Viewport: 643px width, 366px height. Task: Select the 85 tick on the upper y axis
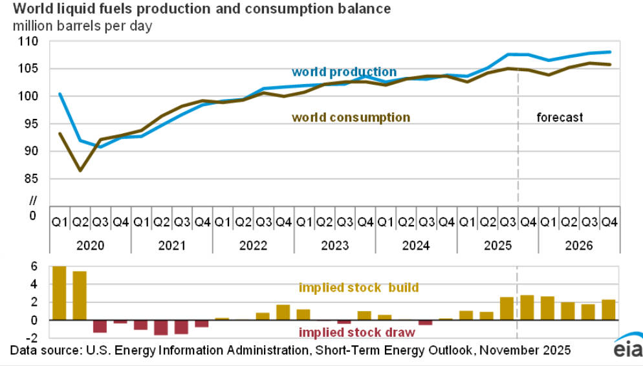pyautogui.click(x=32, y=178)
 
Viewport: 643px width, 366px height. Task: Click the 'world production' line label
pyautogui.click(x=343, y=72)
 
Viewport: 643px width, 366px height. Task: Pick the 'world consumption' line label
pyautogui.click(x=351, y=118)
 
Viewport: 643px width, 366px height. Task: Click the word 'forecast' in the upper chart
pyautogui.click(x=560, y=118)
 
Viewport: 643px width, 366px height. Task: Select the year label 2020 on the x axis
pyautogui.click(x=91, y=246)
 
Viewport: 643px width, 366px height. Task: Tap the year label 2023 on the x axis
pyautogui.click(x=334, y=246)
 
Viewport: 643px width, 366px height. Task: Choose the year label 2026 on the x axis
pyautogui.click(x=578, y=246)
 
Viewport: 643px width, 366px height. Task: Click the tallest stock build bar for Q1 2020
pyautogui.click(x=59, y=293)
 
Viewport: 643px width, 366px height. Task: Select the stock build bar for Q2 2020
pyautogui.click(x=80, y=296)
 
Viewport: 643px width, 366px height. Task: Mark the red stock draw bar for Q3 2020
pyautogui.click(x=100, y=326)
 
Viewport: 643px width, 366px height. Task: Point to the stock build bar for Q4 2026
pyautogui.click(x=608, y=310)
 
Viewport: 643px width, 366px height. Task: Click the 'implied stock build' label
pyautogui.click(x=358, y=288)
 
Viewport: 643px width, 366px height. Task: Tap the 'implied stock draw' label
pyautogui.click(x=356, y=332)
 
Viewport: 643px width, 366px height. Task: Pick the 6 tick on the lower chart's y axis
pyautogui.click(x=34, y=266)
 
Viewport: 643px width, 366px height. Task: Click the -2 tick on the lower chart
pyautogui.click(x=32, y=338)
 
